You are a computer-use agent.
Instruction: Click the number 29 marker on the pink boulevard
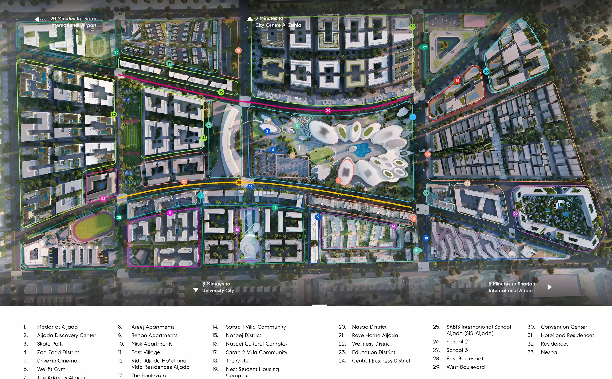point(328,111)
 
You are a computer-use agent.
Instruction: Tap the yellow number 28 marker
point(239,183)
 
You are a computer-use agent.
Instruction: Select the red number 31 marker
point(457,80)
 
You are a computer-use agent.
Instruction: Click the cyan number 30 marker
point(486,71)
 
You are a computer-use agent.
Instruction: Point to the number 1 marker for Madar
point(413,117)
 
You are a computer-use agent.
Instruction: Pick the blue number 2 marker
point(267,131)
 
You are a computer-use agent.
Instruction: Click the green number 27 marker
point(424,47)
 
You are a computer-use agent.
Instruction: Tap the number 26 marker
point(116,52)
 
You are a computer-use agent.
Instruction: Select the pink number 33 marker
point(103,199)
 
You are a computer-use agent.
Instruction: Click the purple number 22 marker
point(515,214)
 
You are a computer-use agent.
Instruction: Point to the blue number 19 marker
point(426,238)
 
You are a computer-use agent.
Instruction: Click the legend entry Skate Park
point(50,344)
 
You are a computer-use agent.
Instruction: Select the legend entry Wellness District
point(372,344)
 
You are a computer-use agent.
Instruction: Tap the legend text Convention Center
point(564,327)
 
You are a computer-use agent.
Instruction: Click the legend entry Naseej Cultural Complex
point(257,344)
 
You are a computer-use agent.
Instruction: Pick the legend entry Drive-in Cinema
point(57,360)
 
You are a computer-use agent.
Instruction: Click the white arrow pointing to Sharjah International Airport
point(550,287)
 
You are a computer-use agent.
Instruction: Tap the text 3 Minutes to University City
point(218,287)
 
